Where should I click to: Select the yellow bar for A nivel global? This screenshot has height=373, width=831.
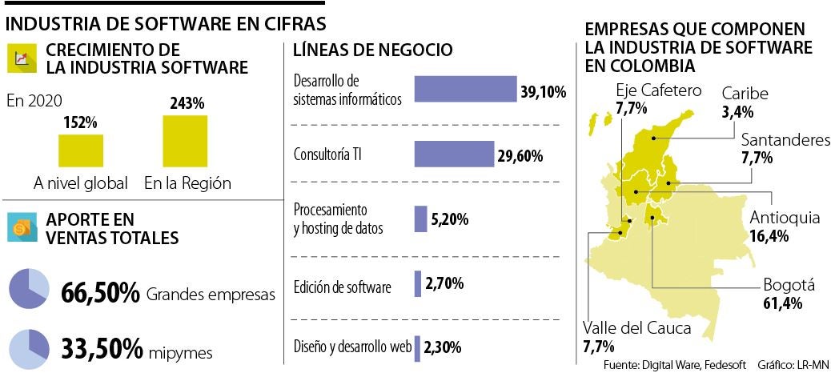pos(81,150)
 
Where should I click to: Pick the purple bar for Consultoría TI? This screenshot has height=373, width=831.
pos(452,154)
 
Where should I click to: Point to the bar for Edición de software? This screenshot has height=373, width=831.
pos(418,283)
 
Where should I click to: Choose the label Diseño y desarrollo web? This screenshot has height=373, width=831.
pos(351,347)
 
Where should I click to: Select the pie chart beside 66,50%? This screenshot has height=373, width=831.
pos(30,290)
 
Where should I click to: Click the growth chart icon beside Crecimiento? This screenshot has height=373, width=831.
pos(22,58)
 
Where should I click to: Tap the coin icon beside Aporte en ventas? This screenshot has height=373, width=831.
pos(22,227)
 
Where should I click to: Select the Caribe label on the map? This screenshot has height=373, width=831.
pos(745,102)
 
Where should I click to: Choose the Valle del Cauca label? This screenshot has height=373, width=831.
pos(637,337)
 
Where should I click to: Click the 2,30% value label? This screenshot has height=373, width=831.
pos(443,347)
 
